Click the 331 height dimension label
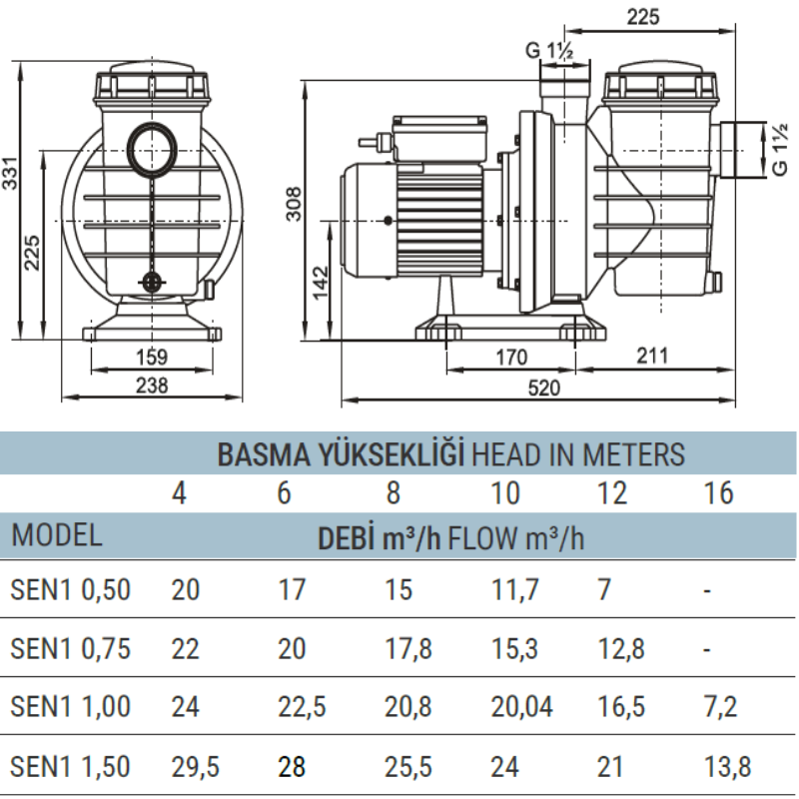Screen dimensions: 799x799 [x=10, y=173]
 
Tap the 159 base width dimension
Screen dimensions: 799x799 [x=152, y=357]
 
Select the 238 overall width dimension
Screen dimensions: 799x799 [x=152, y=386]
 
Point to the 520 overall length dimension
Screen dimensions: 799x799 [x=544, y=389]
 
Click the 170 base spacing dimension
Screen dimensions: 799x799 [x=511, y=358]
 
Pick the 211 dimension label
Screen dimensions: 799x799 [x=652, y=356]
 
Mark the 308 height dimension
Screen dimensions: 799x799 [x=294, y=204]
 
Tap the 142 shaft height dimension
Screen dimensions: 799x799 [x=321, y=282]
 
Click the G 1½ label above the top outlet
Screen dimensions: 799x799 [x=549, y=51]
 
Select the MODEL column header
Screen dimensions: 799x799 [x=56, y=535]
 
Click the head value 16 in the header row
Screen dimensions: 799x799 [x=718, y=492]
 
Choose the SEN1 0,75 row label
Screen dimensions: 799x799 [x=70, y=648]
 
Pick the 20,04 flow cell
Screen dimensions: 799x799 [x=521, y=707]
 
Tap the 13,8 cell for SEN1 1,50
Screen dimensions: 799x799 [x=728, y=767]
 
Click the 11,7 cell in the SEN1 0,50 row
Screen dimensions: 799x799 [x=514, y=589]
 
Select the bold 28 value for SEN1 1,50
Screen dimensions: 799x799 [x=292, y=767]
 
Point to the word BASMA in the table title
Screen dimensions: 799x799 [x=264, y=454]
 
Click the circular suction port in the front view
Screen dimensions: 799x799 [x=153, y=149]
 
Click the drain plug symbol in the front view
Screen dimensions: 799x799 [x=152, y=282]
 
